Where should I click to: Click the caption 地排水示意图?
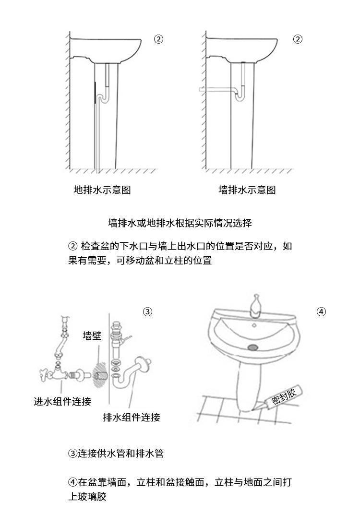[x=102, y=190]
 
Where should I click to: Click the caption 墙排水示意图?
[x=247, y=190]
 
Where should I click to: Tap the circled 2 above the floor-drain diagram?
[x=158, y=39]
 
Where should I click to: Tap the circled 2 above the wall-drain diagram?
[x=298, y=39]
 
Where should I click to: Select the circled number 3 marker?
[x=147, y=312]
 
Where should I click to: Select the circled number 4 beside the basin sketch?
[x=321, y=312]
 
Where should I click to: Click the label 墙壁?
[x=92, y=335]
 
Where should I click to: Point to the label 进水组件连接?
[x=62, y=402]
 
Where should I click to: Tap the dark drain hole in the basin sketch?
[x=253, y=347]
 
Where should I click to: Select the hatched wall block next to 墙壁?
[x=100, y=372]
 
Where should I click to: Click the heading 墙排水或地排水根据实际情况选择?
[x=180, y=223]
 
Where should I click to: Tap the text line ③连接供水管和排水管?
[x=116, y=453]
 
